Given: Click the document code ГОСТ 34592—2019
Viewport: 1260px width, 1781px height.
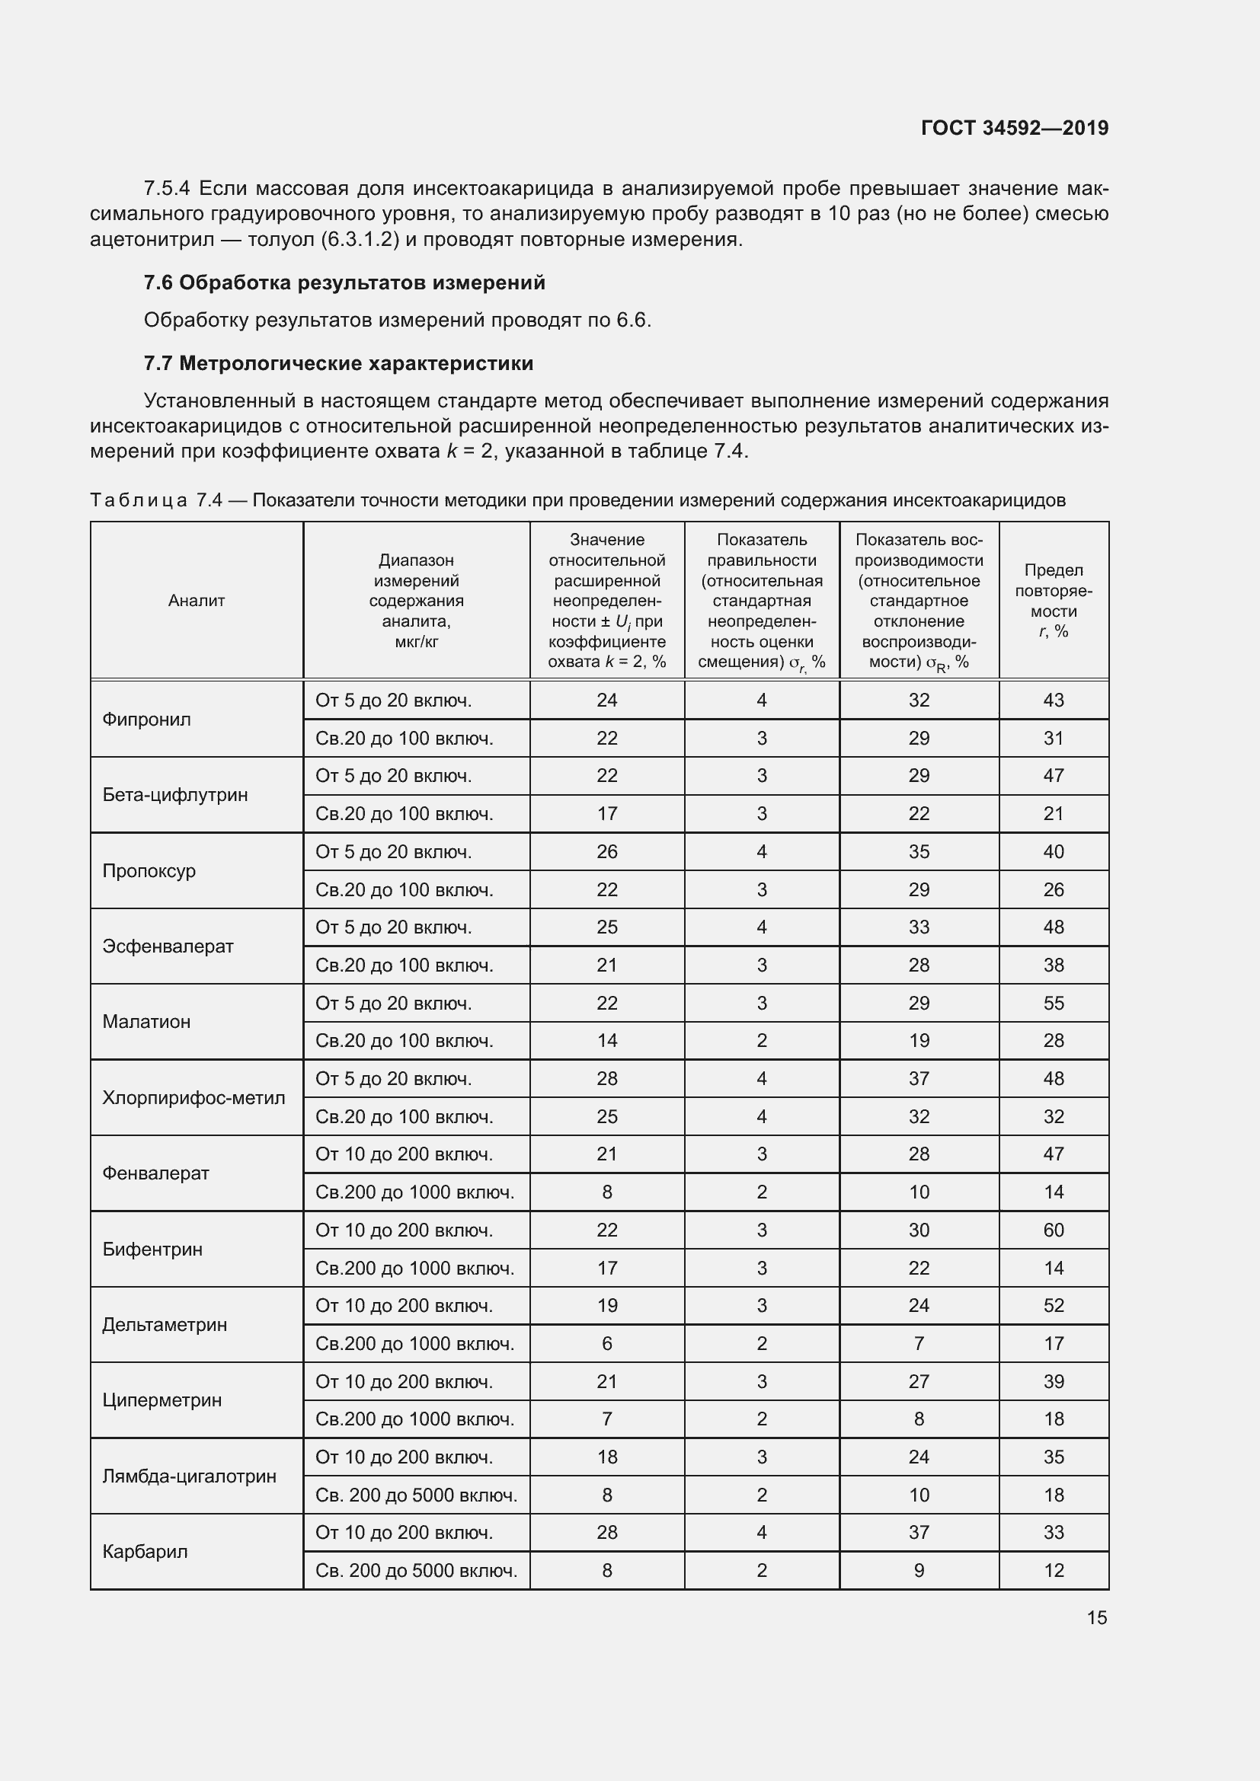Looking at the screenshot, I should (1014, 128).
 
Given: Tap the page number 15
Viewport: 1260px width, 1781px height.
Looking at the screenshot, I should (1096, 1617).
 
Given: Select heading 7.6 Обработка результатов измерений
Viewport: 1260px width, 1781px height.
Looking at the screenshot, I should (344, 282).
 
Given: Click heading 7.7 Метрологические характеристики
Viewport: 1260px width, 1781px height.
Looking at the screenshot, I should (338, 363).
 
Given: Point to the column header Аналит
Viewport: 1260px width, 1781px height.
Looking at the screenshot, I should (197, 600).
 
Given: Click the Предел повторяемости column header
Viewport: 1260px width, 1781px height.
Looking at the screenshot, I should (1053, 600).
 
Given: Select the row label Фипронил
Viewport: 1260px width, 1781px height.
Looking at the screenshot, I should (146, 719).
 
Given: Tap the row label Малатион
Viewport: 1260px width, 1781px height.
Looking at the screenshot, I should (146, 1022).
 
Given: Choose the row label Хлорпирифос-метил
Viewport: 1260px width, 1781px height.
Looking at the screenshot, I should (194, 1098).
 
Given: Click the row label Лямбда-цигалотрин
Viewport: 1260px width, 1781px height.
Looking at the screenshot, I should (190, 1476).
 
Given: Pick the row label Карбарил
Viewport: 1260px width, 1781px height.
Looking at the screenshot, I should (145, 1551).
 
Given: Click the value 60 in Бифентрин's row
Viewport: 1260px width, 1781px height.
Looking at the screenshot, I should (1053, 1230).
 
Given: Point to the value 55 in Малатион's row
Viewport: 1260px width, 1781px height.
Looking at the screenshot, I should (1053, 1003).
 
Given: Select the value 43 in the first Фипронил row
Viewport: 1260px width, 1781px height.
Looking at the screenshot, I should (1053, 701).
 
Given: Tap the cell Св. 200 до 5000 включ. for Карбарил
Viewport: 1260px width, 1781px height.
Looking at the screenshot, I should (416, 1571).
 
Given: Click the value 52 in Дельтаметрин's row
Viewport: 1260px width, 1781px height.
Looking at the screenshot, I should (1053, 1306).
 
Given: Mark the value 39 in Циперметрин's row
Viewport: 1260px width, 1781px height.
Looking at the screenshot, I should (1053, 1381).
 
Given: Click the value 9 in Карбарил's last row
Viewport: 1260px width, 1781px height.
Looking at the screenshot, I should (919, 1571).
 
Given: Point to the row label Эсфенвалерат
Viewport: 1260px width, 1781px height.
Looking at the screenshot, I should (168, 946).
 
